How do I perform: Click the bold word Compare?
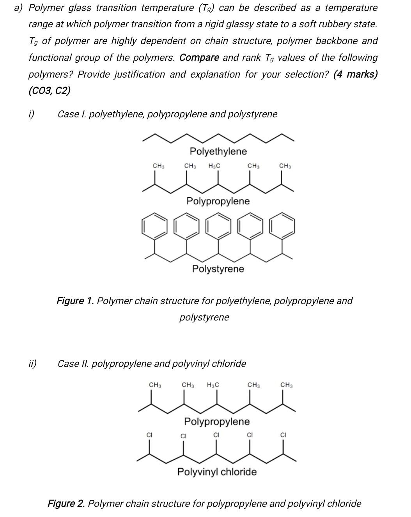(x=199, y=58)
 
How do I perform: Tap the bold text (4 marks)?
(x=355, y=74)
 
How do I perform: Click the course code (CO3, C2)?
(x=50, y=91)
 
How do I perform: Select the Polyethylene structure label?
(x=218, y=151)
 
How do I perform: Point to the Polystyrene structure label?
(x=218, y=269)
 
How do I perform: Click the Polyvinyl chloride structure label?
(x=217, y=472)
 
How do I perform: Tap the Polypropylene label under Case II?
(x=217, y=421)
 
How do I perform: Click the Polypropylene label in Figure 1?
(x=218, y=201)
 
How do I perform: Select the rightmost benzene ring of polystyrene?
(x=283, y=225)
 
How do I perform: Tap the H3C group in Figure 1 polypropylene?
(x=214, y=166)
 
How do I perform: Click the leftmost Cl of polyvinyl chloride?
(x=149, y=434)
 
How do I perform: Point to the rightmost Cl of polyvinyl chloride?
(x=283, y=434)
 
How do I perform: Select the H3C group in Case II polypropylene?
(x=213, y=385)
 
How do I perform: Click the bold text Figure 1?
(x=75, y=301)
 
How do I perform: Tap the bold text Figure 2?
(x=66, y=503)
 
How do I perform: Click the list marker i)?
(x=31, y=114)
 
